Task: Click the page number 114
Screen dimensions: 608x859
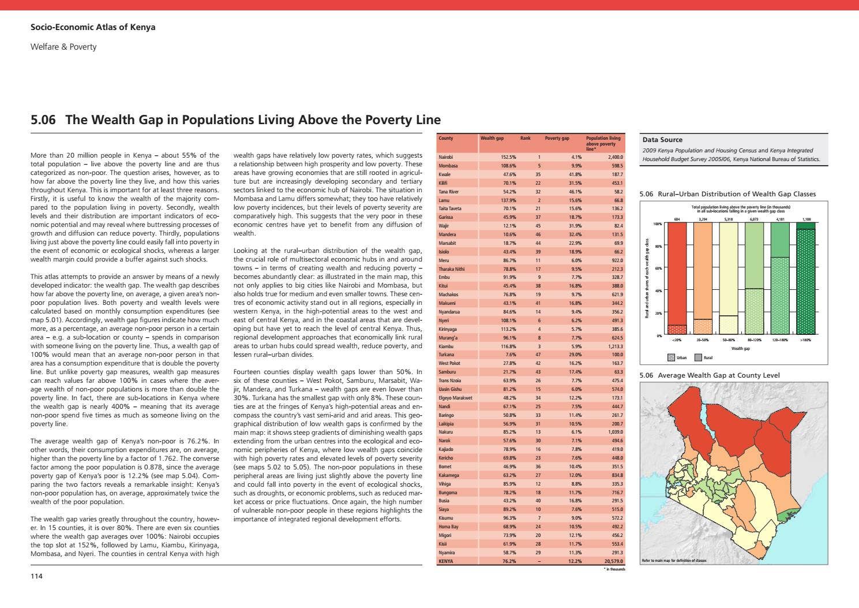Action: pos(36,576)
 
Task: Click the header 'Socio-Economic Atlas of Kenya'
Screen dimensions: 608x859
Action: pos(92,27)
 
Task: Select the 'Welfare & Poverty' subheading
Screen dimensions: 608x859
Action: pos(63,47)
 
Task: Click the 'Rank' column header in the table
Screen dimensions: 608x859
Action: pos(525,139)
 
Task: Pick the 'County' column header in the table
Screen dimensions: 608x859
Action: pos(445,139)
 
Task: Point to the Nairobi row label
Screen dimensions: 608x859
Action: pos(446,157)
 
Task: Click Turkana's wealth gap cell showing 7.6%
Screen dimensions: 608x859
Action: pos(511,355)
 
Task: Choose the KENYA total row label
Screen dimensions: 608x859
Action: pos(446,561)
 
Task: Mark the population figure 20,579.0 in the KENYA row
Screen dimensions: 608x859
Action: pos(613,561)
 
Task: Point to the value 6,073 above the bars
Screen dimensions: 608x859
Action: pos(754,219)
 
